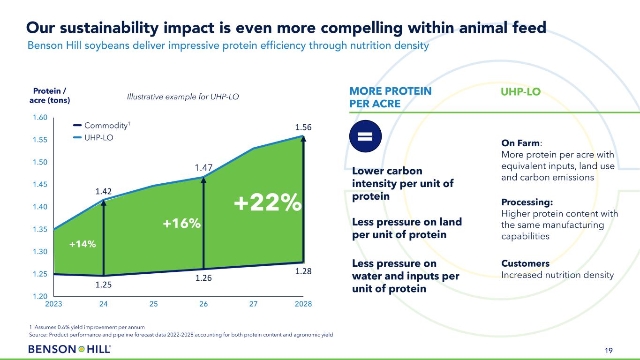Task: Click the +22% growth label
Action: [267, 203]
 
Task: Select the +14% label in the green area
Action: [83, 244]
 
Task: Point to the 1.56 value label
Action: [303, 127]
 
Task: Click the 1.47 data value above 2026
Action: [203, 167]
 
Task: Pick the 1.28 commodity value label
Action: [303, 271]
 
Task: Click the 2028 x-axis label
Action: [303, 304]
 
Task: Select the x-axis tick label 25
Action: [153, 304]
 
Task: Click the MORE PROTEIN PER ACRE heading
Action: [391, 97]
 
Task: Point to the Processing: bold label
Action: [527, 202]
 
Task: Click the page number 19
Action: [609, 350]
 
